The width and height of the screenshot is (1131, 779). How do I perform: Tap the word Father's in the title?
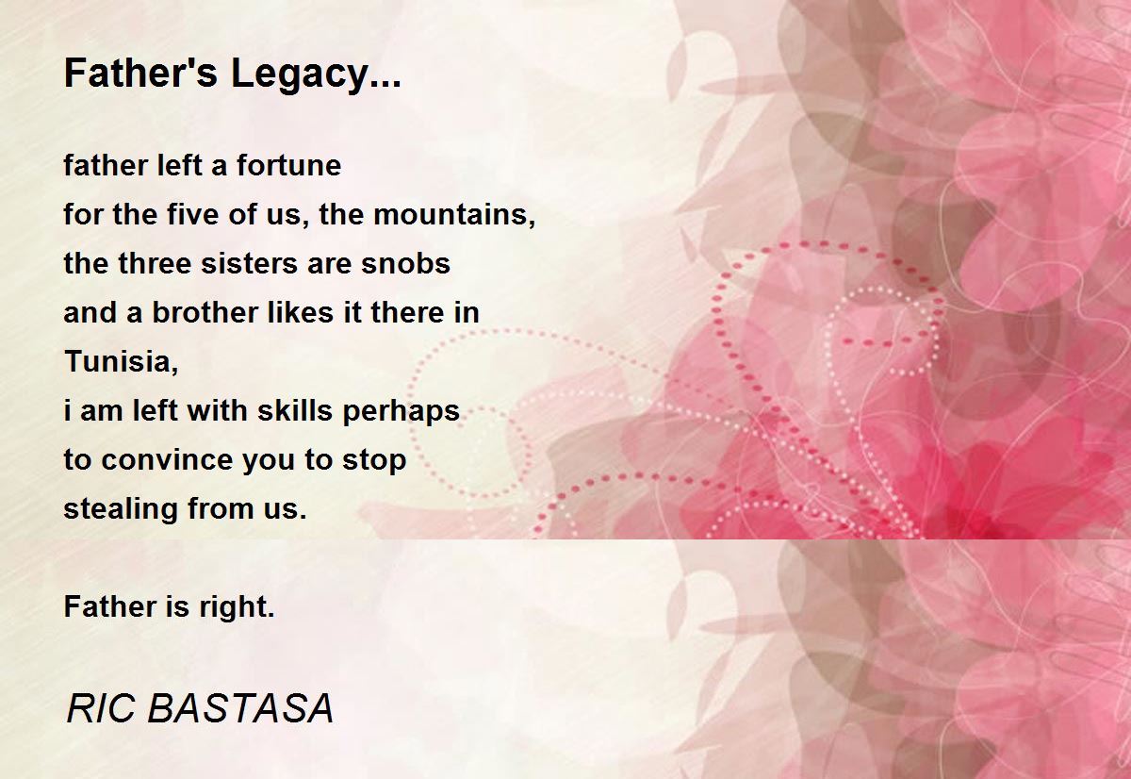click(x=141, y=74)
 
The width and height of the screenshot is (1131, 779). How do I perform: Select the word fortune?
click(x=288, y=166)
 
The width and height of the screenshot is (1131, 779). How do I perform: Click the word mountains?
click(x=454, y=216)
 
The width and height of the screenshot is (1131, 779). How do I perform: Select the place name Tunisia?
click(x=120, y=362)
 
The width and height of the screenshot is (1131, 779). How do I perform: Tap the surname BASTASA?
click(x=240, y=709)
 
